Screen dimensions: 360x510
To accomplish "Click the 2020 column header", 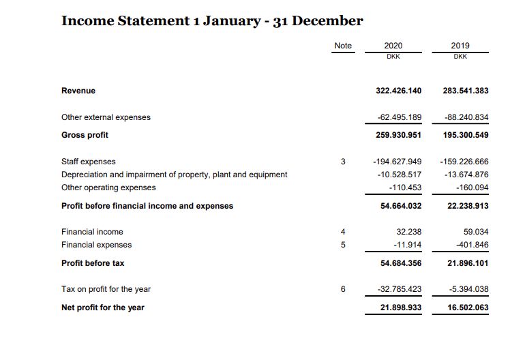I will tap(393, 46).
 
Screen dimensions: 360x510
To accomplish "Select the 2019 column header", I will tap(460, 46).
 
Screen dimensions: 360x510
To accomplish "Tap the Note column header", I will tap(343, 46).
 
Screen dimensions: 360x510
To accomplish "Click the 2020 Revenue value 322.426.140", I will tap(399, 91).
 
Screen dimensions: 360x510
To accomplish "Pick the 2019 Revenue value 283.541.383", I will tap(465, 91).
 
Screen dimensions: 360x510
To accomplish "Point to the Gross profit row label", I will tap(85, 135).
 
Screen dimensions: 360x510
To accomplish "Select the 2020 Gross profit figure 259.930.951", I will tap(399, 135).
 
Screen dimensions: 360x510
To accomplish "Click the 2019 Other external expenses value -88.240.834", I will tap(466, 117).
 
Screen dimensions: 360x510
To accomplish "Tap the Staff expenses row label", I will tap(89, 162).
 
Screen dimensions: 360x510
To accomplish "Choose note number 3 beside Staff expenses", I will tap(343, 162).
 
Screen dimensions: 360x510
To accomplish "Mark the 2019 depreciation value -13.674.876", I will tap(466, 175).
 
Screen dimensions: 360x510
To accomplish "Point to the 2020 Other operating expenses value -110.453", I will tap(405, 187).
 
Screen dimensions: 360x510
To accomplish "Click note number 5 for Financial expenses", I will tap(343, 245).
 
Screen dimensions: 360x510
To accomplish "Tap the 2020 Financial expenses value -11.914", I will tap(407, 245).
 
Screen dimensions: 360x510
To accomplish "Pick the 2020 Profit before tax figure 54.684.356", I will tap(399, 263).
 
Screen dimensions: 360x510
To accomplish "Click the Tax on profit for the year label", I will tap(106, 289).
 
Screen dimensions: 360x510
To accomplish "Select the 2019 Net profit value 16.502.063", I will tap(465, 307).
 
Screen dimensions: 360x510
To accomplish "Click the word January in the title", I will tap(226, 20).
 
